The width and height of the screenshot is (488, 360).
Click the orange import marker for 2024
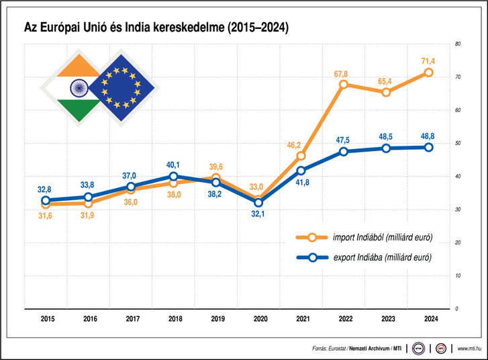pyautogui.click(x=428, y=73)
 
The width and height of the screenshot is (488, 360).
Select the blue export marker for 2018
pyautogui.click(x=174, y=177)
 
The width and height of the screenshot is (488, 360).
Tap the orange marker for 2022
pyautogui.click(x=344, y=85)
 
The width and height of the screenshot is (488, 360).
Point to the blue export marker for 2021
pyautogui.click(x=301, y=171)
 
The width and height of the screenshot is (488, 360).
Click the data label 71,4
pyautogui.click(x=428, y=61)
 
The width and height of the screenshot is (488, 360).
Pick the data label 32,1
pyautogui.click(x=258, y=214)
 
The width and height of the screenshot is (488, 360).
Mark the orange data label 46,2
pyautogui.click(x=294, y=145)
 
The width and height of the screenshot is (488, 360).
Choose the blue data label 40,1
pyautogui.click(x=173, y=165)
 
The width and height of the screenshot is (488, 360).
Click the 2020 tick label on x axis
pyautogui.click(x=260, y=318)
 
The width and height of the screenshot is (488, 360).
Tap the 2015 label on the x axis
pyautogui.click(x=48, y=318)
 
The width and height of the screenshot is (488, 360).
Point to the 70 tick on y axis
pyautogui.click(x=458, y=77)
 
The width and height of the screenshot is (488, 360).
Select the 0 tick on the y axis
pyautogui.click(x=456, y=308)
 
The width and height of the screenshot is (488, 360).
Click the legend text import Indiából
pyautogui.click(x=359, y=237)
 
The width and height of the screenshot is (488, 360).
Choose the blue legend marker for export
pyautogui.click(x=313, y=257)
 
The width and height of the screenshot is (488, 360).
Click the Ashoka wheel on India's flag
pyautogui.click(x=79, y=88)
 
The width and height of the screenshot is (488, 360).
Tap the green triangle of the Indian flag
pyautogui.click(x=79, y=109)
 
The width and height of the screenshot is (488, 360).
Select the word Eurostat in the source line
pyautogui.click(x=337, y=349)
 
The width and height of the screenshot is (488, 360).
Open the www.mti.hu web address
pyautogui.click(x=469, y=349)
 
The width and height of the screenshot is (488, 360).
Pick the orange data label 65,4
pyautogui.click(x=385, y=81)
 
